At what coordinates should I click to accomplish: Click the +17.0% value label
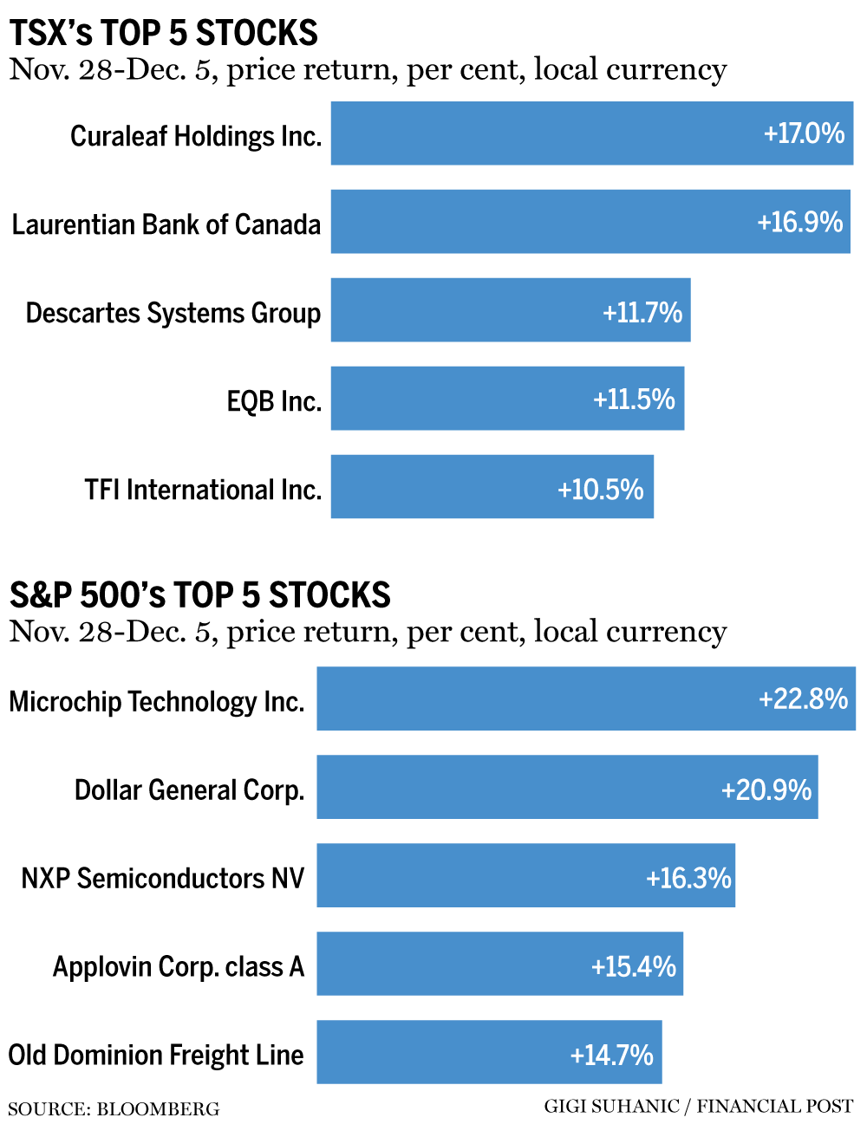coord(804,133)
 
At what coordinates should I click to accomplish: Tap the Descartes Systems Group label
coord(173,313)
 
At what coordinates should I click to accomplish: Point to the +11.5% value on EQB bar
coord(634,400)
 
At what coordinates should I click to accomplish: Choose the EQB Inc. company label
coord(274,402)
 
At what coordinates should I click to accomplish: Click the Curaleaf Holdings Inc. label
coord(196,136)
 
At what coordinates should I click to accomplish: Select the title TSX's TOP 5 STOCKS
coord(164,33)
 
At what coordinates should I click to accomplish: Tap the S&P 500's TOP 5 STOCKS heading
coord(200,595)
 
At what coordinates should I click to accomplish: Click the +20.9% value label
coord(766,789)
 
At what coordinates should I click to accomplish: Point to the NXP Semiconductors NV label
coord(163,878)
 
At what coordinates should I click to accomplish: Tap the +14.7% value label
coord(611,1055)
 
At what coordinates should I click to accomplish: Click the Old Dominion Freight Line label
coord(156,1055)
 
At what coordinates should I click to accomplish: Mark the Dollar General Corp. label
coord(189,790)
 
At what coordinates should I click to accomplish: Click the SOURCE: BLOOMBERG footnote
coord(114,1109)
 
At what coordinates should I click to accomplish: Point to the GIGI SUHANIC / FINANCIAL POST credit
coord(698,1107)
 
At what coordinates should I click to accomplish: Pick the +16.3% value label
coord(688,878)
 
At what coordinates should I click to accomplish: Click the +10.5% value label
coord(600,490)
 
